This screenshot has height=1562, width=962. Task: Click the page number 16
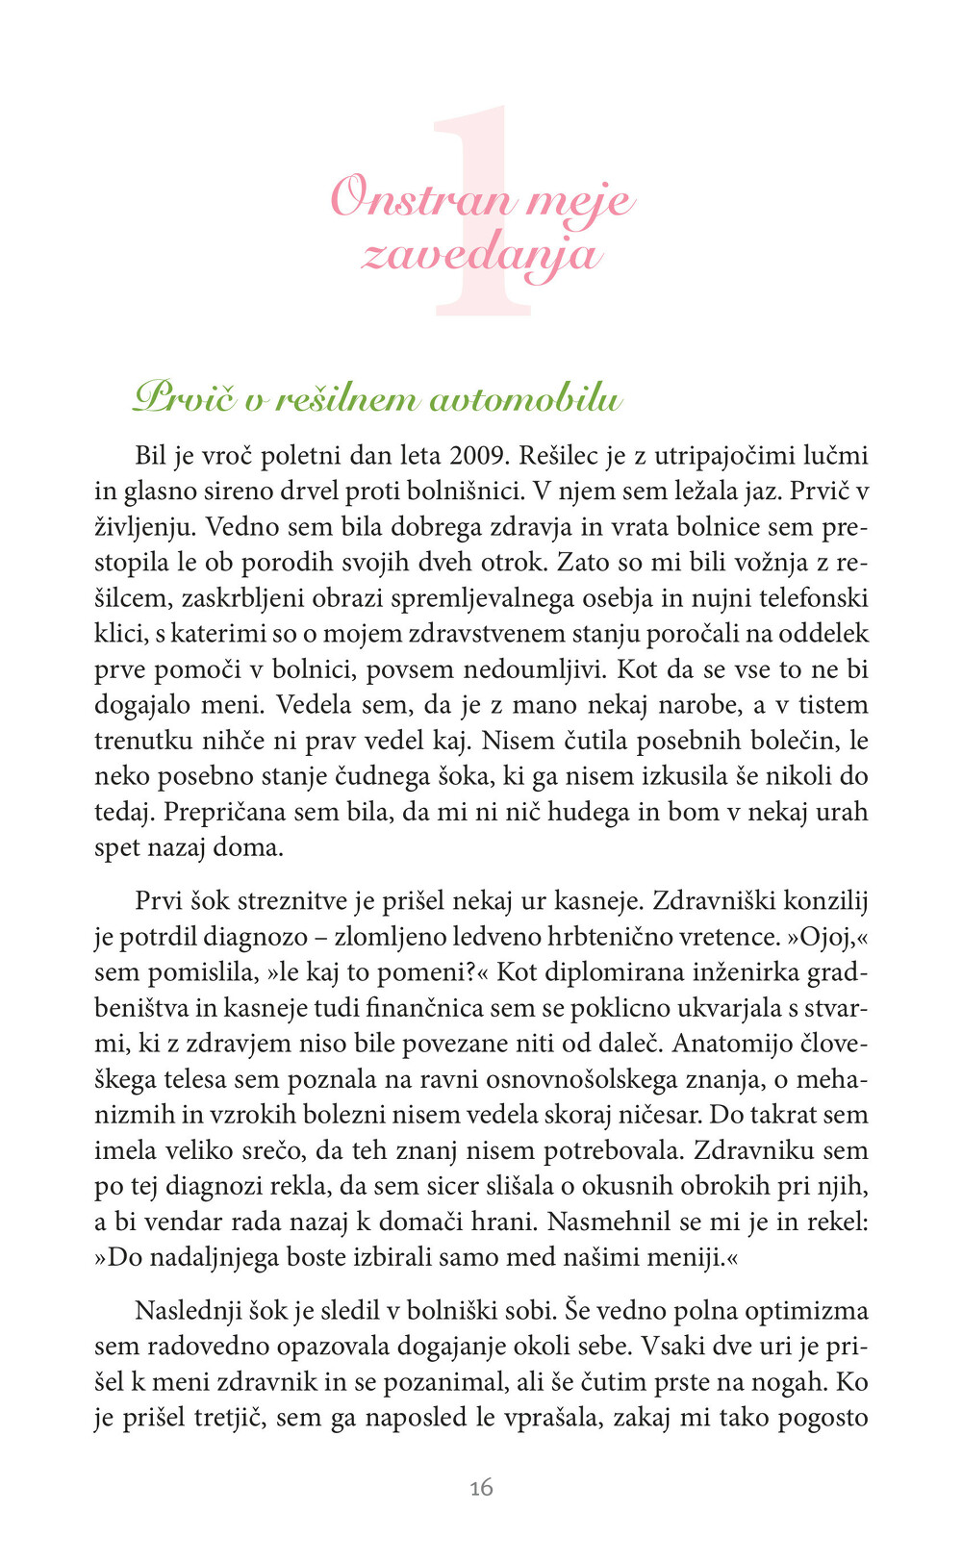tap(481, 1488)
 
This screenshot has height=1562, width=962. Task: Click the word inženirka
tap(745, 972)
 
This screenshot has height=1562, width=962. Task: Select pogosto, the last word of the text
tap(823, 1418)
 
